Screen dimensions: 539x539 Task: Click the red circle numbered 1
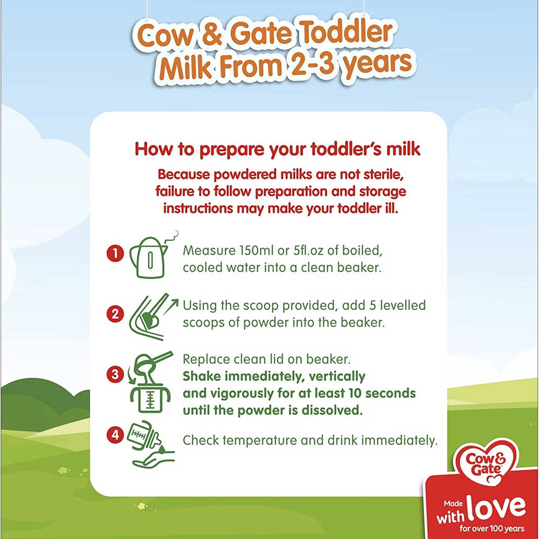tap(115, 254)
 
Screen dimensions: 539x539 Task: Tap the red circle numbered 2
tap(115, 314)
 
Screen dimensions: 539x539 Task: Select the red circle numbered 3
tap(115, 374)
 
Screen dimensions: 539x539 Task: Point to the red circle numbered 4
tap(115, 435)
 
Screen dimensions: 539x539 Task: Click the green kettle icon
tap(150, 256)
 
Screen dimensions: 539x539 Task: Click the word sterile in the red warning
tap(384, 175)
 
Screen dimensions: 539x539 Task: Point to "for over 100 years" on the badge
tap(492, 528)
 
